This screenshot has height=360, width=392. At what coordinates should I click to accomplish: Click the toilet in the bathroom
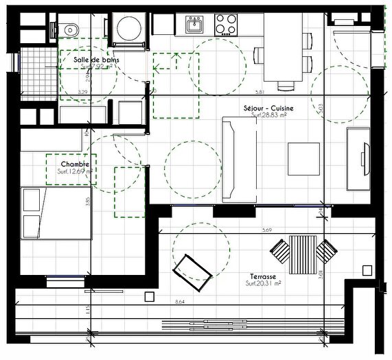[70, 29]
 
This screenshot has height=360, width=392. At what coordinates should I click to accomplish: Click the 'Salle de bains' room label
[97, 60]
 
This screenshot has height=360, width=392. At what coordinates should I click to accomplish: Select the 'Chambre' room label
[74, 165]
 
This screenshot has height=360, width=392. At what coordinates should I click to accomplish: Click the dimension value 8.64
[181, 301]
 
